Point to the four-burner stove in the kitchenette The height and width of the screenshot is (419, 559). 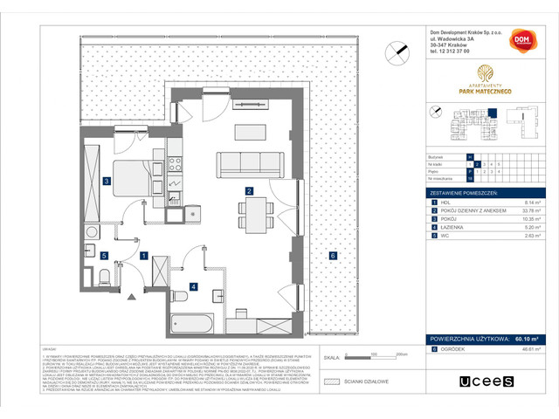pyautogui.click(x=174, y=161)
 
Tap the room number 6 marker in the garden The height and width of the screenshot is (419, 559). pyautogui.click(x=333, y=255)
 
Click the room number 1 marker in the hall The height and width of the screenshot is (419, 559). pyautogui.click(x=143, y=256)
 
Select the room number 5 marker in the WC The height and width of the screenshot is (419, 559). pyautogui.click(x=103, y=256)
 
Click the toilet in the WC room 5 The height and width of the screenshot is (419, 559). pyautogui.click(x=104, y=281)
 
